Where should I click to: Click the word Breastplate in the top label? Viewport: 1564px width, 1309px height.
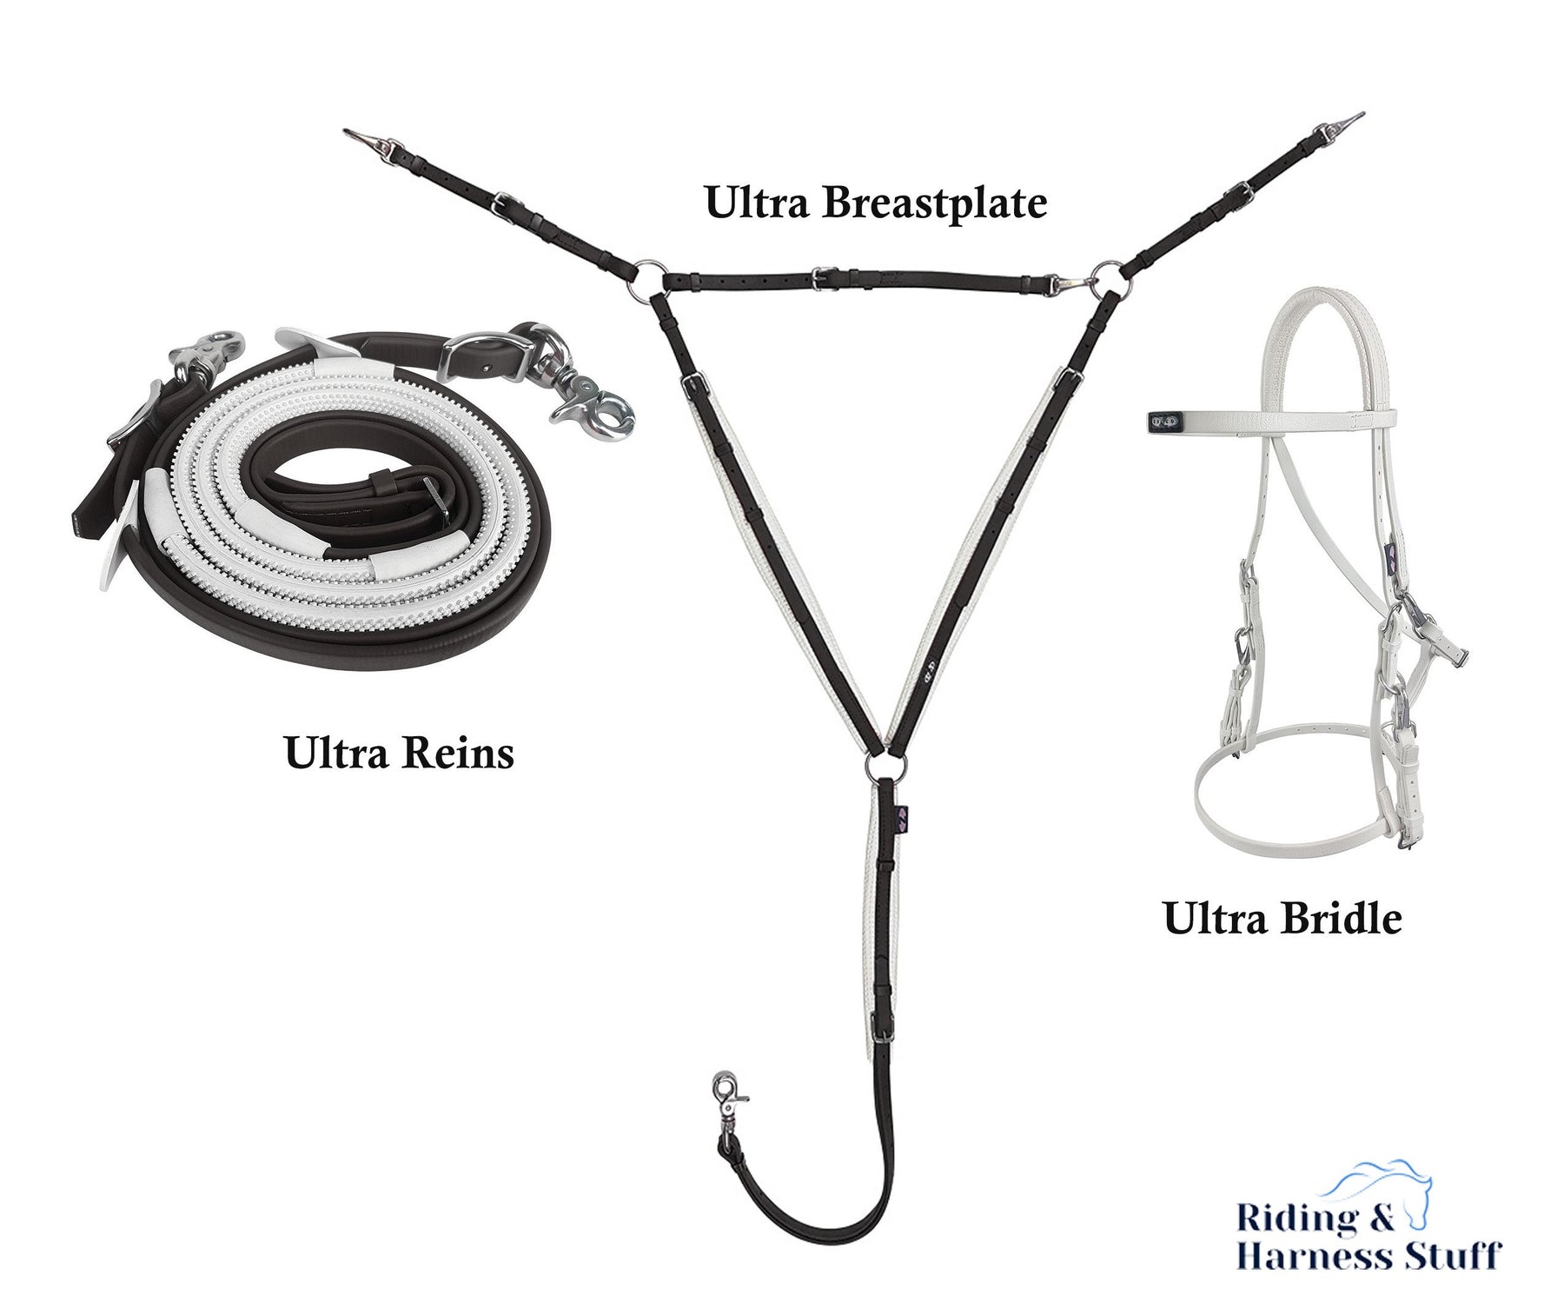coord(934,204)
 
